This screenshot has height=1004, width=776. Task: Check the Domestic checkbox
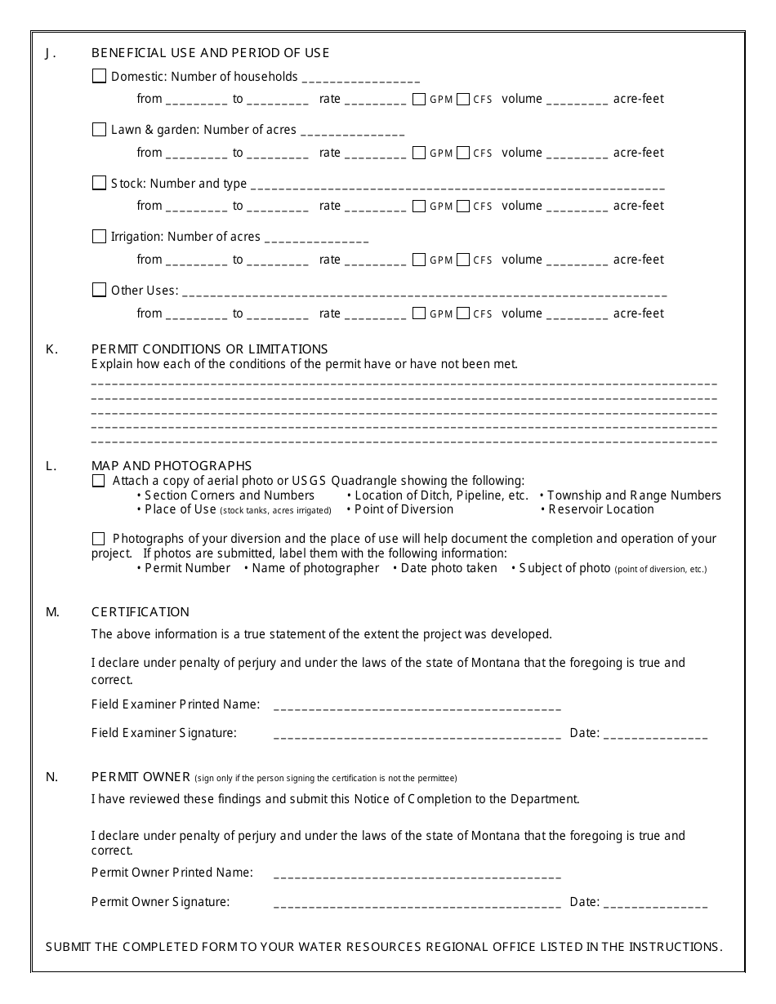[99, 76]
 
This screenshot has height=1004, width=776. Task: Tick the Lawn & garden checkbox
[99, 129]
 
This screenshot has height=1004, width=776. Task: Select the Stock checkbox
[99, 183]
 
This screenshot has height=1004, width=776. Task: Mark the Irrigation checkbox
[99, 236]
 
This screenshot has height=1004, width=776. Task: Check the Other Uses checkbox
[99, 290]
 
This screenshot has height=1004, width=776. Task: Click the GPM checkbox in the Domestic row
[419, 99]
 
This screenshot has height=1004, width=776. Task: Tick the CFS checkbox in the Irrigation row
[463, 260]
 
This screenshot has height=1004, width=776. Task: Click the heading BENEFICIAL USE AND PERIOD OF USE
[210, 53]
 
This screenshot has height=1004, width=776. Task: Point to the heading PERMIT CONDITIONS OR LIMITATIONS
[209, 349]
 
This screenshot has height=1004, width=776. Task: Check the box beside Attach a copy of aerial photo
[99, 481]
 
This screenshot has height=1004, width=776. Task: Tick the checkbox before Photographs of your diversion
[99, 539]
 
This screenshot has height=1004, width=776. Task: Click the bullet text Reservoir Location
[601, 509]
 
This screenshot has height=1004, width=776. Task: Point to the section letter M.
[52, 612]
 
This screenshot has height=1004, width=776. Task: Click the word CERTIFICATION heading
[140, 612]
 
